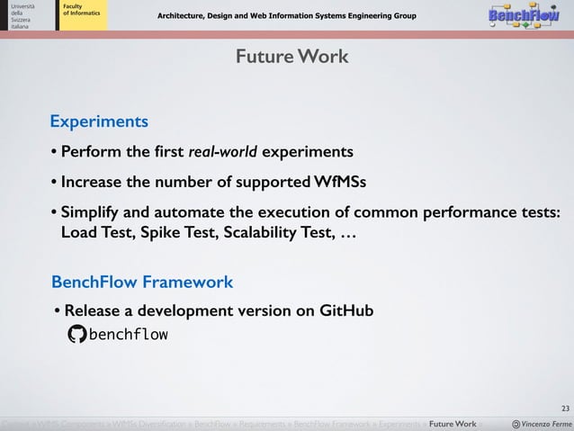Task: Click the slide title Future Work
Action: coord(291,58)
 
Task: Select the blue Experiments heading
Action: coord(99,121)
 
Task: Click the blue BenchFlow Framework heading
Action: coord(142,282)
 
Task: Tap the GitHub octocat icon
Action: coord(77,335)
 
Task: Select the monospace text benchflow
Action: coord(128,335)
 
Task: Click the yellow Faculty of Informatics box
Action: coord(82,14)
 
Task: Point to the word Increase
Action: coord(92,183)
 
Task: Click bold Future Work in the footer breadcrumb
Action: coord(453,424)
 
